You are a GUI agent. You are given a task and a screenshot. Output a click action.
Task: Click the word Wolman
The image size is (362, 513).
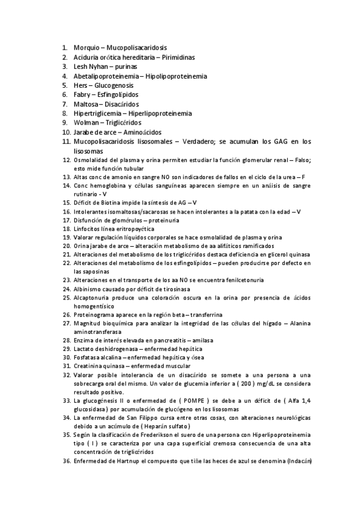click(x=85, y=123)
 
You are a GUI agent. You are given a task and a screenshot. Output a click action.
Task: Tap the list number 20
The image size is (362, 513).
click(x=66, y=246)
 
